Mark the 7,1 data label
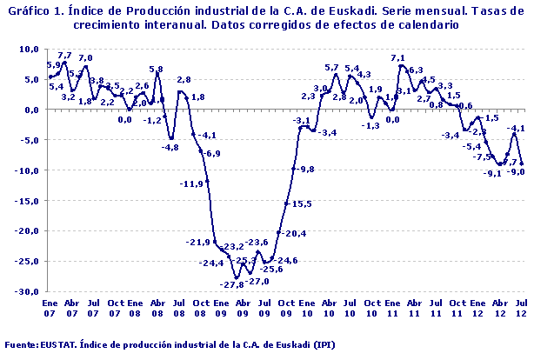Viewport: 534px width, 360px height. pyautogui.click(x=397, y=58)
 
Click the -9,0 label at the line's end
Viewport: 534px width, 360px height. pyautogui.click(x=517, y=172)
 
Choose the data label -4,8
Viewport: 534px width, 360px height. pyautogui.click(x=170, y=148)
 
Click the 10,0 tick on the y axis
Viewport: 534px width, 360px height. pyautogui.click(x=29, y=50)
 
